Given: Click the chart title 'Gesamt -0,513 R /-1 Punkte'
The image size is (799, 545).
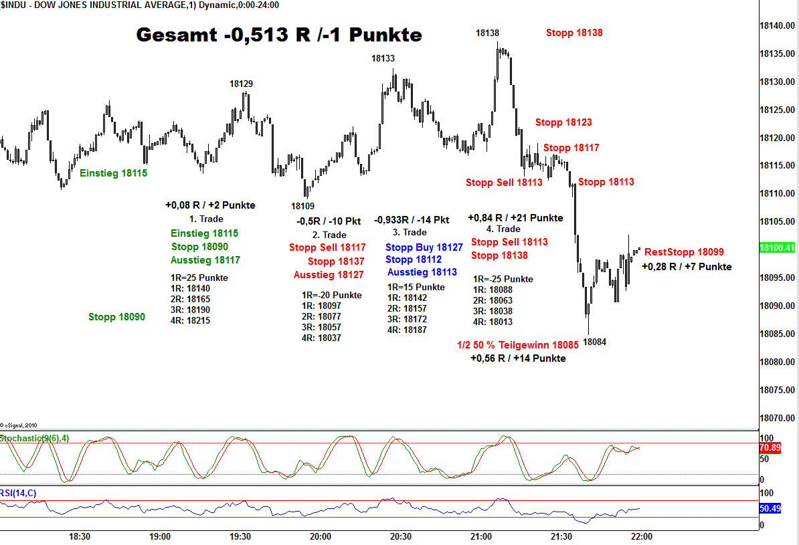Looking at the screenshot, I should point(279,35).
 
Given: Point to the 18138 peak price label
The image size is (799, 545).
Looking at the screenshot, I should point(487,33).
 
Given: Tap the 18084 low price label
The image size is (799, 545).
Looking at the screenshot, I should point(594,342).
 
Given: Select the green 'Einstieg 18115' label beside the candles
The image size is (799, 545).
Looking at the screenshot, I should point(114,173).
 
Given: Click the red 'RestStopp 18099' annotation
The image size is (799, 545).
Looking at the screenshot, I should point(684,252).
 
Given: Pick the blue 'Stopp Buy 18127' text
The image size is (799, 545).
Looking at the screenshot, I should point(424,247).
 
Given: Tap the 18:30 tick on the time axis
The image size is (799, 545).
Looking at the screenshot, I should point(80,536).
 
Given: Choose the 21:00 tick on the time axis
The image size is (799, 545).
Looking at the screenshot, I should point(481,536).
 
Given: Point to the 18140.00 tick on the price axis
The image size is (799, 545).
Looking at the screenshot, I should point(777,26).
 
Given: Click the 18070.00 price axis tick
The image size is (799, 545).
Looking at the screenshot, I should point(777,418).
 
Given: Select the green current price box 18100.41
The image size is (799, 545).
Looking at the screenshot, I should point(777,248).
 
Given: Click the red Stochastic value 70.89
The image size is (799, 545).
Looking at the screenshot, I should point(770,447).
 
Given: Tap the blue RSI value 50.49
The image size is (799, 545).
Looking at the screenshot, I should point(770,508).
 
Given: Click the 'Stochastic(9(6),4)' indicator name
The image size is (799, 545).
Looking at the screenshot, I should point(35,438).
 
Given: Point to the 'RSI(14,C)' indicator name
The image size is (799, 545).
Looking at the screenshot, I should point(19,494).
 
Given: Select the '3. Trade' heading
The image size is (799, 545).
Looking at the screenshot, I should point(410,232).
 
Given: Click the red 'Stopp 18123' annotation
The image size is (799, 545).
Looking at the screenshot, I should point(563,122).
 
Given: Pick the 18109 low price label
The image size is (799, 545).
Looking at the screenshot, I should point(303,206).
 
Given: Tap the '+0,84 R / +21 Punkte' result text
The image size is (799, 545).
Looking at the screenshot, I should point(515,218).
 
